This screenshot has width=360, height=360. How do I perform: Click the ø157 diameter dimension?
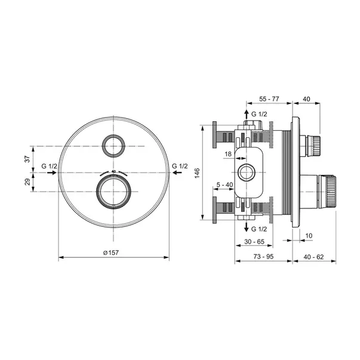112,253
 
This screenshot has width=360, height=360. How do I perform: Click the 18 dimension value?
227,154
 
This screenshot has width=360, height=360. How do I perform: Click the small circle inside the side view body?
247,173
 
